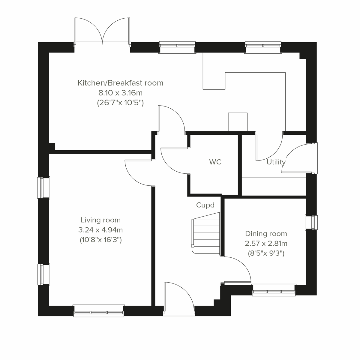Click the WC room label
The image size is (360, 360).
[x=215, y=162]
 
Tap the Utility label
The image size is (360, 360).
[x=276, y=162]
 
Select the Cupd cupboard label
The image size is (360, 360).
[x=205, y=205]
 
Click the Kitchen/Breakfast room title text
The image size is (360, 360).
[x=120, y=83]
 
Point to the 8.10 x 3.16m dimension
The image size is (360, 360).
[x=120, y=93]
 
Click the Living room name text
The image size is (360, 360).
[x=100, y=220]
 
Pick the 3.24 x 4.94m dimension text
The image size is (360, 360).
[x=100, y=230]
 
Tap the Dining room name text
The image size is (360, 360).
[x=266, y=233]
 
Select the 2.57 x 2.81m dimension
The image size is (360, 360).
[x=266, y=243]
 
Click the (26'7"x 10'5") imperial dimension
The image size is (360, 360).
[x=120, y=103]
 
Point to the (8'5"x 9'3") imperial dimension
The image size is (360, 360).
[x=266, y=253]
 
